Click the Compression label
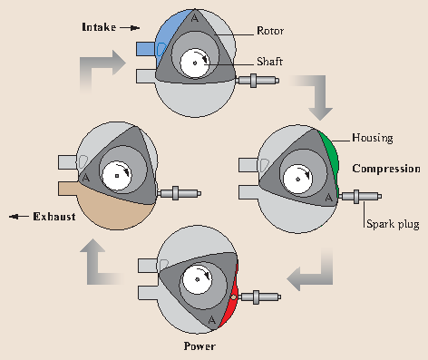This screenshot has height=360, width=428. pos(385,169)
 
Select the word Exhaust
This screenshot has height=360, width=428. pos(53,217)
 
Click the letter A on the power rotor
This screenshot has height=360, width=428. pos(212,320)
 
